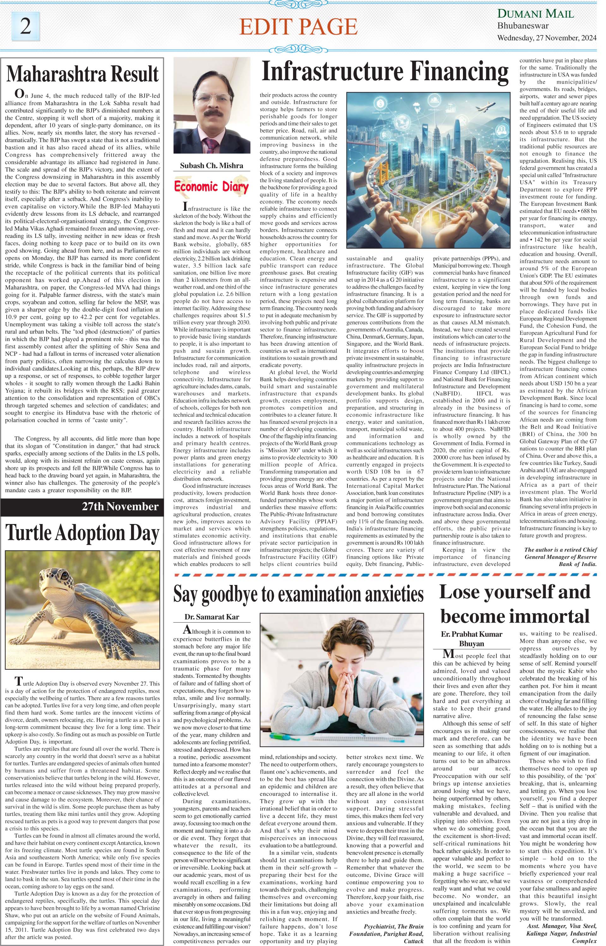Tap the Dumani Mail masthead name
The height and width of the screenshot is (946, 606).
pyautogui.click(x=536, y=14)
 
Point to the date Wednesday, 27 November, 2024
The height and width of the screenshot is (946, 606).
pyautogui.click(x=547, y=38)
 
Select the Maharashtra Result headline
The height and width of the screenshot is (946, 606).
pyautogui.click(x=83, y=74)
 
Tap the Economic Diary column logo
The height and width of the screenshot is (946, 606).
pyautogui.click(x=212, y=187)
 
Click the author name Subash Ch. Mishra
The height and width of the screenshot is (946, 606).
pyautogui.click(x=212, y=166)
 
